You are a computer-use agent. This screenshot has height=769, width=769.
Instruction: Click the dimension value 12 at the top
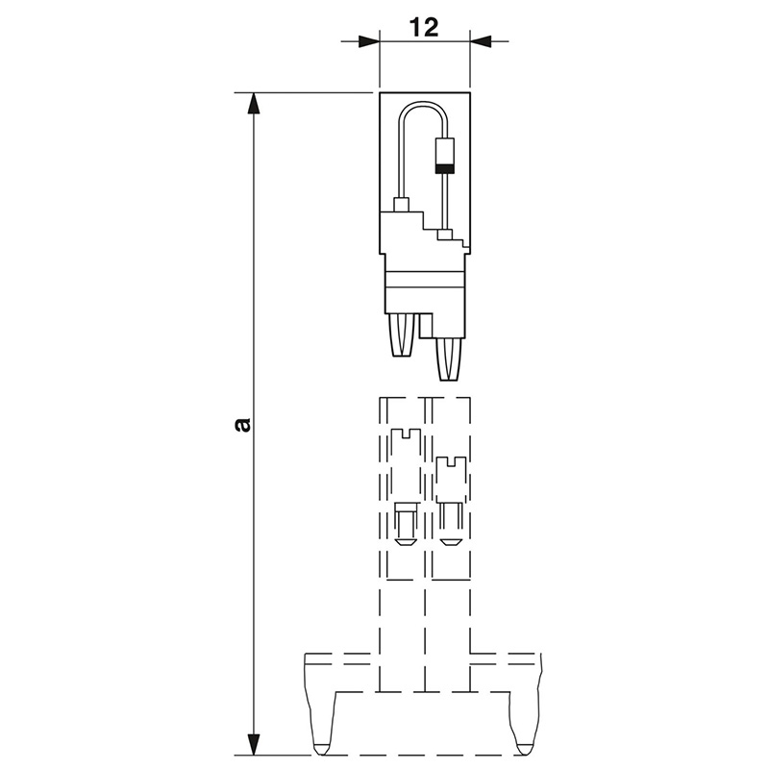pos(425,28)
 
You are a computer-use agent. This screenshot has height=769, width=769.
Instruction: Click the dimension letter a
pos(243,425)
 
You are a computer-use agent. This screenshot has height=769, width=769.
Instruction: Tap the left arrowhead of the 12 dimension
pos(369,41)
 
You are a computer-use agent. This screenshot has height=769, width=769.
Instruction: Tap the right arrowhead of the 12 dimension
pos(481,41)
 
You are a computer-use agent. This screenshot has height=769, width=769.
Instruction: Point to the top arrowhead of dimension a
pos(253,103)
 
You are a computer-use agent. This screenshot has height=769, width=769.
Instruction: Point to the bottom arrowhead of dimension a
pos(253,744)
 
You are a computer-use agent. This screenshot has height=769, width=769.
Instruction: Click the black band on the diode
pos(445,169)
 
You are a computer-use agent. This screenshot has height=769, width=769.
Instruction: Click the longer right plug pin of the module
pos(449,359)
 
